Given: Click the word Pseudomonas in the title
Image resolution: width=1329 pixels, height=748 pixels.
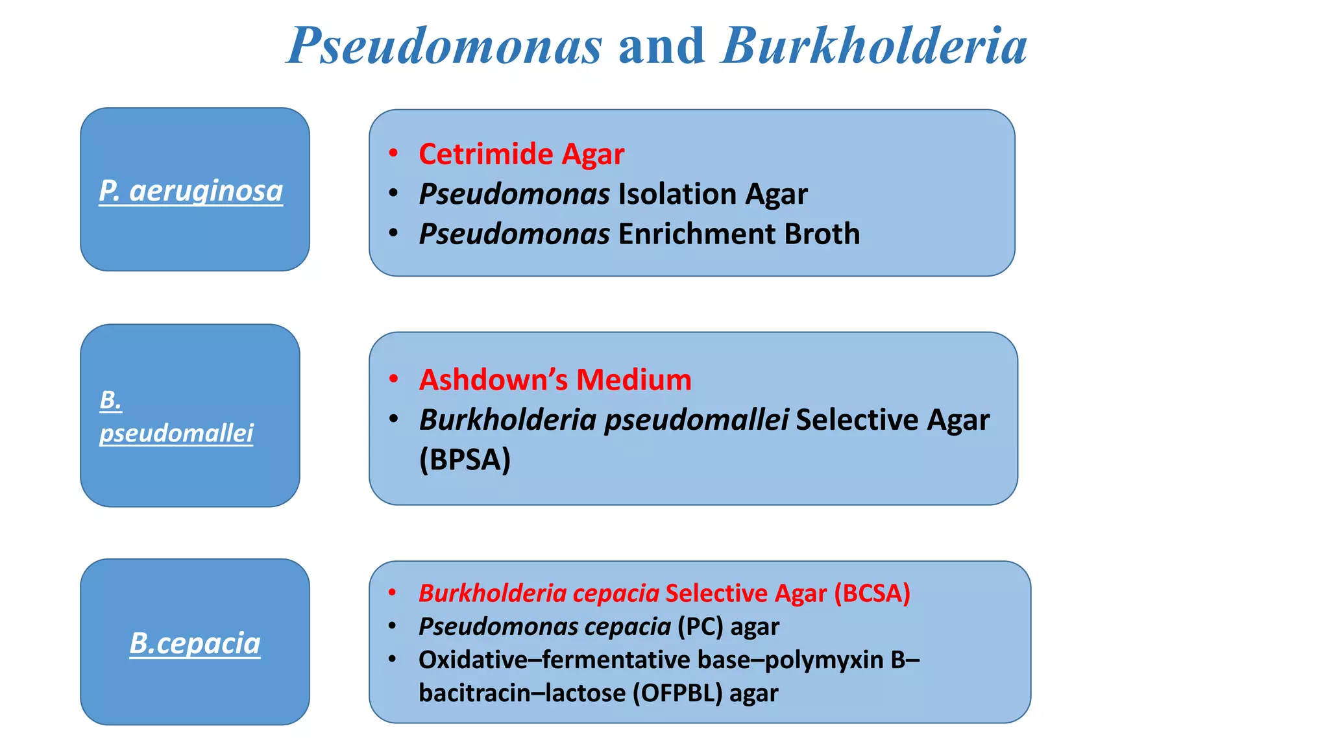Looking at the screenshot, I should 445,47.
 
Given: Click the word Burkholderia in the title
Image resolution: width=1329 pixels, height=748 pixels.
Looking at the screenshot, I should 874,47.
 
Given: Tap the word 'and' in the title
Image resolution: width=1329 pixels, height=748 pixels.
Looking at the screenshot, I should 661,47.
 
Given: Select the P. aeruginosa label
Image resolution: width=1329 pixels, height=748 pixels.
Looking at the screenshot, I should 191,191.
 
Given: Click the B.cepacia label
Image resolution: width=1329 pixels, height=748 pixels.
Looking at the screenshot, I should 195,643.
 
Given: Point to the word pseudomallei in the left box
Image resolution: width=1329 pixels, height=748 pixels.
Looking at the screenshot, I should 176,433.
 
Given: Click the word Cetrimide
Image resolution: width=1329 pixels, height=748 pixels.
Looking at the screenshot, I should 485,155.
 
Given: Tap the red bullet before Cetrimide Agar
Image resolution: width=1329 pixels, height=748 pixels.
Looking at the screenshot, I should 393,154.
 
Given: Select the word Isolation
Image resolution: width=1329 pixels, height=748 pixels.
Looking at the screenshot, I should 677,194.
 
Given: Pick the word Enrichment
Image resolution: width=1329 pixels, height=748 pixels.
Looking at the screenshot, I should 696,234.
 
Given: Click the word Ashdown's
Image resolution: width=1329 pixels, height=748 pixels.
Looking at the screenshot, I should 493,380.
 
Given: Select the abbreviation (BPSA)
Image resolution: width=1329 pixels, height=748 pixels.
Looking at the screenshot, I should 465,460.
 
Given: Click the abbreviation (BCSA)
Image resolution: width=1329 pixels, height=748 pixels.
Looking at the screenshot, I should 872,593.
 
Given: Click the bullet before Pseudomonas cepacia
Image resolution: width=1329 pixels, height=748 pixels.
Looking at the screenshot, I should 393,626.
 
